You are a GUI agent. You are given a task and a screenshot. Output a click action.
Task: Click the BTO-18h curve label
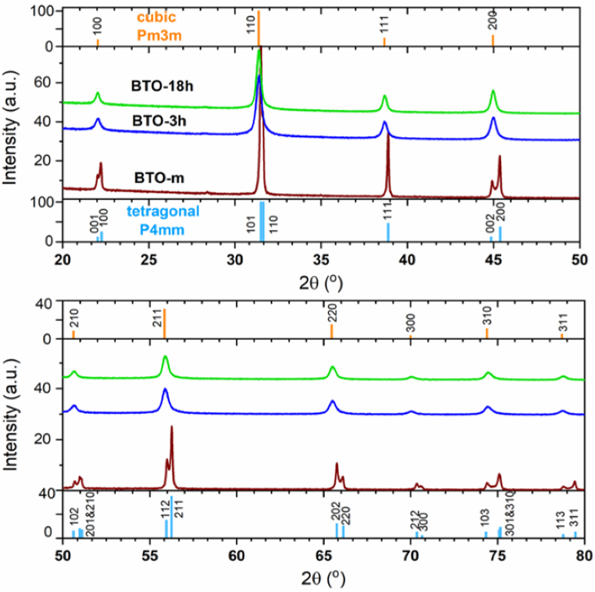(x=161, y=85)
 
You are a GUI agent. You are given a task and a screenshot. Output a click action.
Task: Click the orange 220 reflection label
(x=331, y=313)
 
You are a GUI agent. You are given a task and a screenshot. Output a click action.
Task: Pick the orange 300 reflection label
(x=410, y=323)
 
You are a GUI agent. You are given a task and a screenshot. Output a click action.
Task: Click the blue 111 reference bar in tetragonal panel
(x=388, y=232)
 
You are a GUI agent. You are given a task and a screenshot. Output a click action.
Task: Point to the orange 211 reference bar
(x=164, y=324)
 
